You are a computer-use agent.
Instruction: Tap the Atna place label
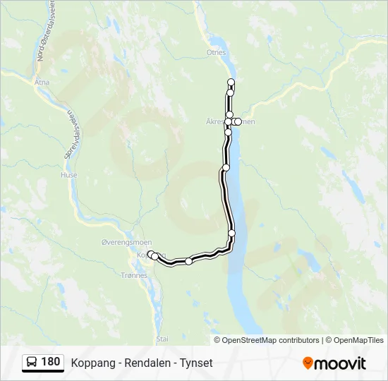click(43, 82)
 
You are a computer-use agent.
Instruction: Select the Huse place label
click(68, 175)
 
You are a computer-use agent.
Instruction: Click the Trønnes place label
click(134, 275)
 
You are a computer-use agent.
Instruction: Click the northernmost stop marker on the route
click(231, 83)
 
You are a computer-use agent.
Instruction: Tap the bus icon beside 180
click(31, 363)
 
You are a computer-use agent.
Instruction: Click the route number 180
click(50, 362)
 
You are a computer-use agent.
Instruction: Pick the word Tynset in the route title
click(195, 363)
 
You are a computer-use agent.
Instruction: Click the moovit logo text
click(341, 363)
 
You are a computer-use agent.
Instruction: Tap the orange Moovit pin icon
click(308, 363)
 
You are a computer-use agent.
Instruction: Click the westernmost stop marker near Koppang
click(150, 253)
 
